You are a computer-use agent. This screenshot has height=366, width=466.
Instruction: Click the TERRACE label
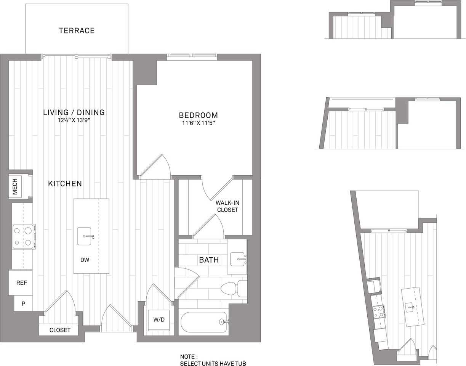click(77, 30)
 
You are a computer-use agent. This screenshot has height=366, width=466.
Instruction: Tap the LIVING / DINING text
click(74, 112)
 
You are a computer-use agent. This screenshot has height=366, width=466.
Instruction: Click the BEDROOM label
click(199, 115)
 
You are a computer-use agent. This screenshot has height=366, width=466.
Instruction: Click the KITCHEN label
click(65, 184)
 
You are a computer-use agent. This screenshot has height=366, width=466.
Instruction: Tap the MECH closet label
click(15, 187)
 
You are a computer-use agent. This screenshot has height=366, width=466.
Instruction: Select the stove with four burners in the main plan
click(22, 236)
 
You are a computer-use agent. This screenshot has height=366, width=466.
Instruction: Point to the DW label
click(85, 260)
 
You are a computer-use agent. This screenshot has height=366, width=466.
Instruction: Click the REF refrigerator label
click(21, 283)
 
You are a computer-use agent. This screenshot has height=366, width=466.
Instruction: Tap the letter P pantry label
click(23, 304)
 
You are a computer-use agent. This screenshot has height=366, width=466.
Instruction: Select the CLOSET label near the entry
click(60, 330)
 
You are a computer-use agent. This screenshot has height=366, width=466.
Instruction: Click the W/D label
click(159, 319)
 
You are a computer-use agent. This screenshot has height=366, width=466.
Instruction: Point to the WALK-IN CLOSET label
click(227, 206)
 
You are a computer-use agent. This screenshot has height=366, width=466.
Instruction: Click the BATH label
click(209, 260)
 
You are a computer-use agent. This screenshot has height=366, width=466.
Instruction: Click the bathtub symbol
click(204, 322)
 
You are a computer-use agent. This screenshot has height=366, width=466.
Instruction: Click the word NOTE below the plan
click(189, 356)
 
